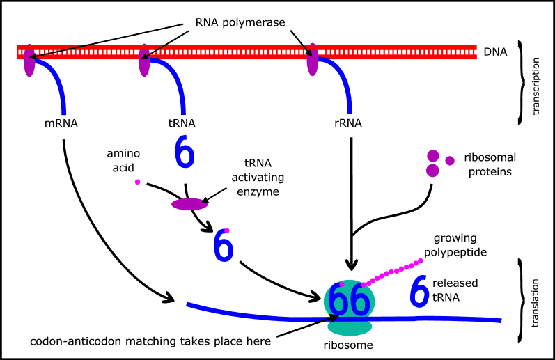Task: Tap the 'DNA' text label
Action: (x=494, y=52)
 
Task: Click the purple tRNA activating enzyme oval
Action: (x=189, y=204)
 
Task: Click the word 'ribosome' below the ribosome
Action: (x=349, y=345)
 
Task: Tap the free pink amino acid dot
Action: (x=138, y=182)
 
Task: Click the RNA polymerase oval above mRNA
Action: (x=29, y=61)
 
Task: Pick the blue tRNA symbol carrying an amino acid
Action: (x=222, y=245)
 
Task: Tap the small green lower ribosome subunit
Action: (x=350, y=326)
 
